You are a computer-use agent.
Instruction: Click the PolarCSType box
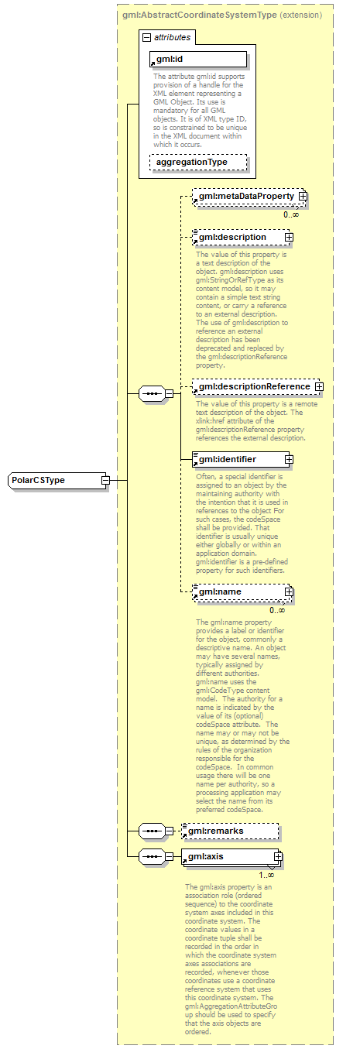[x=53, y=480]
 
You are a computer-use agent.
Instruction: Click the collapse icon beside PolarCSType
[x=105, y=480]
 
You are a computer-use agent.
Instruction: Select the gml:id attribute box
[x=197, y=59]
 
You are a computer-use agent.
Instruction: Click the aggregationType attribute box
[x=197, y=162]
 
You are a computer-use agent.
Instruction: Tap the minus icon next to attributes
[x=146, y=36]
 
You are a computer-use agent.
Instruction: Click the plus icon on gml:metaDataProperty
[x=303, y=197]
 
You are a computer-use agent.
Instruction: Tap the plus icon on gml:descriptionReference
[x=318, y=386]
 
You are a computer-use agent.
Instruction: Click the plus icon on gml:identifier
[x=289, y=459]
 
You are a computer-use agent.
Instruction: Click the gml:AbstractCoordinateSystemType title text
[x=198, y=15]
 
